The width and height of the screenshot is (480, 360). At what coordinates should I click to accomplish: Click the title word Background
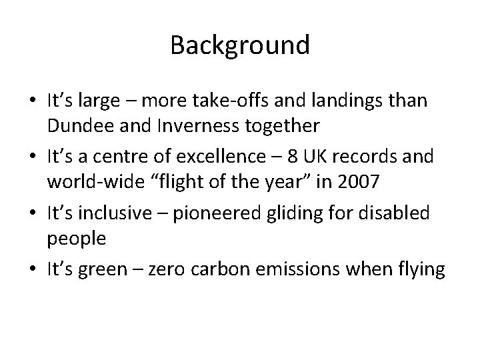[x=240, y=45]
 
